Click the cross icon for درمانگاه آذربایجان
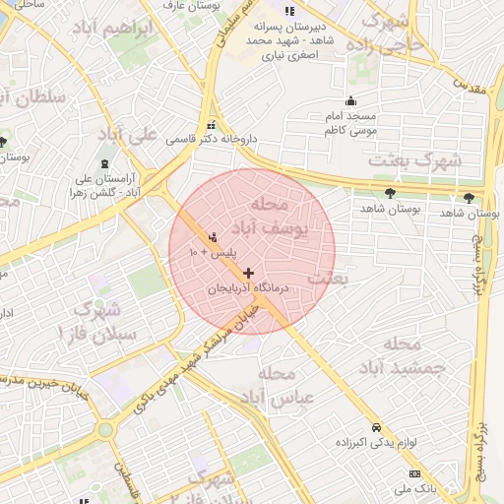247,273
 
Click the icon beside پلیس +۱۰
213,238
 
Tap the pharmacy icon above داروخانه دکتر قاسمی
213,125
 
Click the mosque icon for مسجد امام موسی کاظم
351,100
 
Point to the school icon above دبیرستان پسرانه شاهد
288,11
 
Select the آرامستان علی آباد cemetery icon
106,162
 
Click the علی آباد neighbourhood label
129,133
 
